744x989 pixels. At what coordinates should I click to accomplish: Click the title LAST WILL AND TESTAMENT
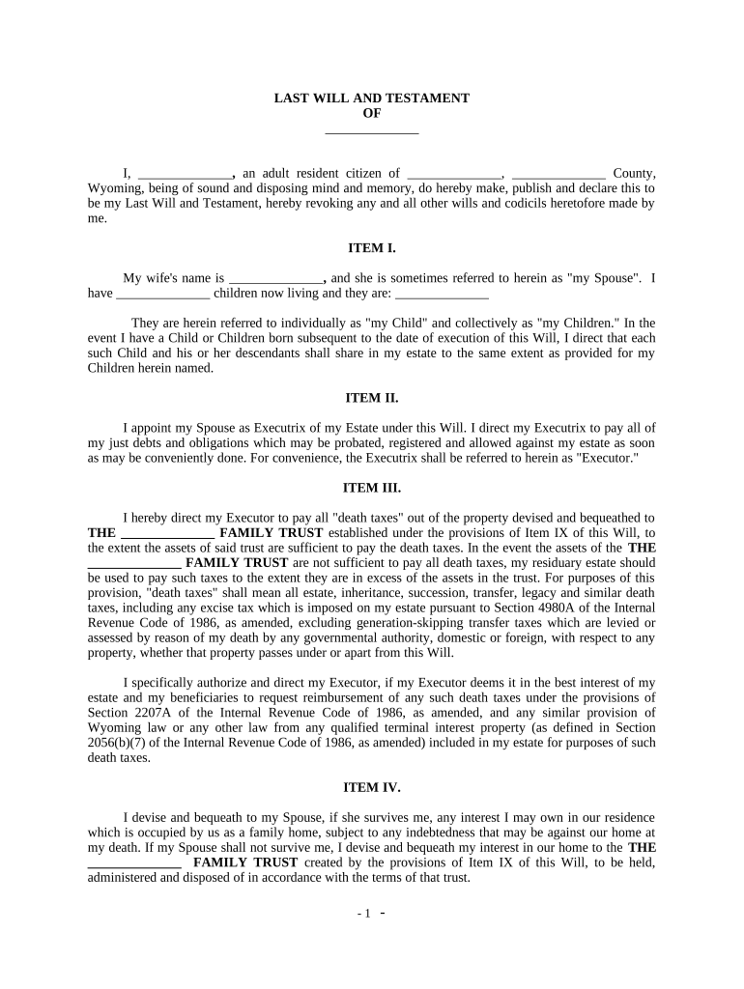372,99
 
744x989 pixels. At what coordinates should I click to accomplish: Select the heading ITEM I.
372,248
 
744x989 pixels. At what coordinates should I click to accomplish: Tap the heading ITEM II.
372,397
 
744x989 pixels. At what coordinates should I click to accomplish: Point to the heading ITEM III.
372,488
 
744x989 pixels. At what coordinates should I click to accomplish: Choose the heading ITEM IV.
372,787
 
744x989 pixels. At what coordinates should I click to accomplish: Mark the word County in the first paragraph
635,174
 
